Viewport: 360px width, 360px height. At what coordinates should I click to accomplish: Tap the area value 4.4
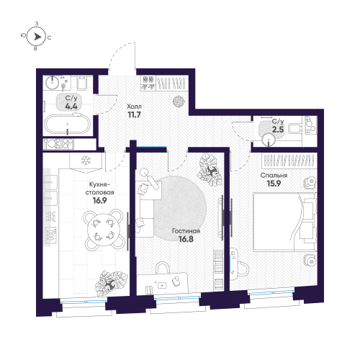click(71, 105)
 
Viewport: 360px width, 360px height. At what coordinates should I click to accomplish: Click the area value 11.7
click(134, 114)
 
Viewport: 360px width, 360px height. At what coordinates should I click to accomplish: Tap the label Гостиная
click(185, 232)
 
